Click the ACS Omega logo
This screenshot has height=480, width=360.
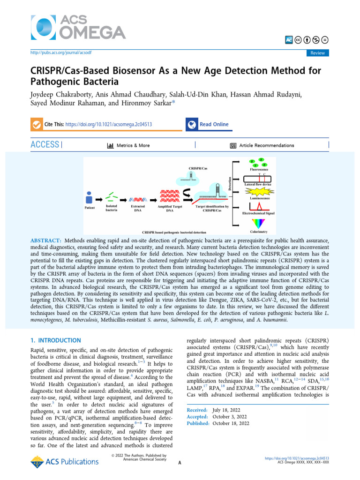click(x=78, y=26)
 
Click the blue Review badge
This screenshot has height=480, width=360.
click(x=317, y=53)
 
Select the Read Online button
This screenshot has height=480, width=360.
click(x=214, y=124)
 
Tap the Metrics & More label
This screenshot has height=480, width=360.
click(x=134, y=145)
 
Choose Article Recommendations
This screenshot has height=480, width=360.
click(x=266, y=145)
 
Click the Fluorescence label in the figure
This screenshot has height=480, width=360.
click(x=259, y=169)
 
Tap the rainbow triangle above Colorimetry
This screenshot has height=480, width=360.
click(x=259, y=223)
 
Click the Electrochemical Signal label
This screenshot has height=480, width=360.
click(x=259, y=213)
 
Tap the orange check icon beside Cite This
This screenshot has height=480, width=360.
click(x=35, y=125)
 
